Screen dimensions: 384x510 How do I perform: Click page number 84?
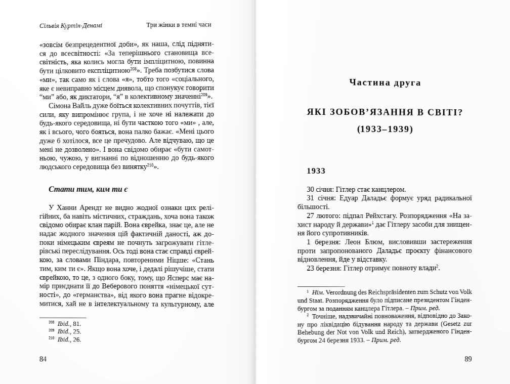click(x=43, y=359)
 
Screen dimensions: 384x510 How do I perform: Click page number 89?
click(x=468, y=359)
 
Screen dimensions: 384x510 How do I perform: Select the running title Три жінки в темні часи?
click(x=179, y=25)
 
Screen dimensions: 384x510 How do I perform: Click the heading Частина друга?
click(x=385, y=82)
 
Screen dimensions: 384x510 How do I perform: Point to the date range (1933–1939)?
click(x=385, y=129)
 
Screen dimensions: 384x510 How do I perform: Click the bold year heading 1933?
click(x=316, y=171)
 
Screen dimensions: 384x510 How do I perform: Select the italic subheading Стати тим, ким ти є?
click(x=88, y=189)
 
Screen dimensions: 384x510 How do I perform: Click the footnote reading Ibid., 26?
click(x=69, y=339)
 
